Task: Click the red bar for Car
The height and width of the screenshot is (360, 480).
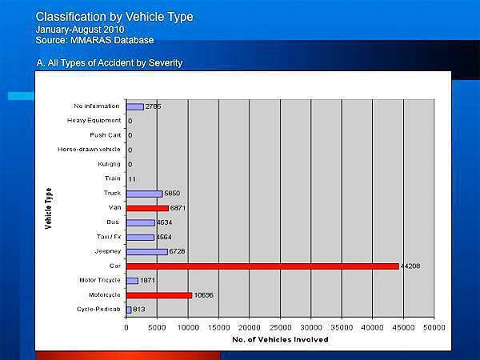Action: point(262,266)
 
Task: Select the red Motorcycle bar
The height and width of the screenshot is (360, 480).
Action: point(159,294)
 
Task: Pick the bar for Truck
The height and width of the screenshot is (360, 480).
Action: point(144,194)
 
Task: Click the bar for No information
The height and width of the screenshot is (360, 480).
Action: point(134,106)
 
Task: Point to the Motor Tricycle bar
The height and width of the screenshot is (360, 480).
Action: point(132,280)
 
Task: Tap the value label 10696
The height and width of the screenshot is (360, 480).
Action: point(206,295)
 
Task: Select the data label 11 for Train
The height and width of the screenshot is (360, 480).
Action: point(132,178)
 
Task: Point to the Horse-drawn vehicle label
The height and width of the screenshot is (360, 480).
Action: point(89,150)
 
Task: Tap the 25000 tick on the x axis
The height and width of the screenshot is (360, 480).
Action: point(280,326)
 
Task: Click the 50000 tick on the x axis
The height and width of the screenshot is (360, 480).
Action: point(434,326)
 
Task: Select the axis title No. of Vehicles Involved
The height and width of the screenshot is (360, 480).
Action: point(282,339)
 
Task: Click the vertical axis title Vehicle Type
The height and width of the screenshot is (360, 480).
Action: point(48,208)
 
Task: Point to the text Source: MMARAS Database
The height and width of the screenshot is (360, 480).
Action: point(94,40)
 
